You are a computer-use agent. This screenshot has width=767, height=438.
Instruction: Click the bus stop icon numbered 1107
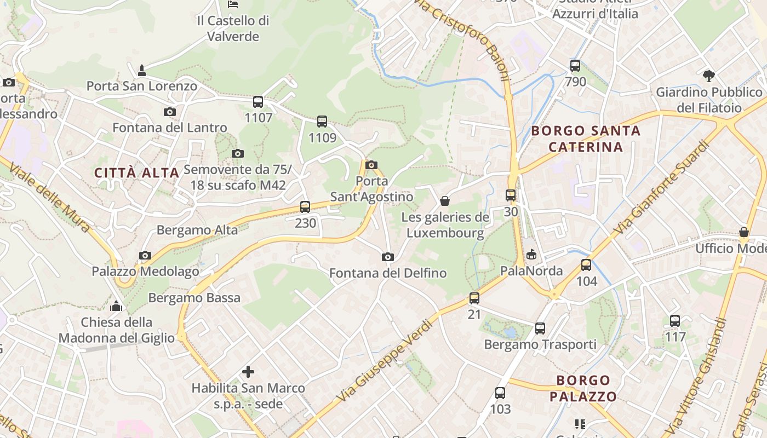pos(258,102)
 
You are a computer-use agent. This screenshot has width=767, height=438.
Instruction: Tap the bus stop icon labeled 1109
pos(322,122)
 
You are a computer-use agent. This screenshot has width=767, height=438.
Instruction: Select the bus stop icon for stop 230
pos(305,207)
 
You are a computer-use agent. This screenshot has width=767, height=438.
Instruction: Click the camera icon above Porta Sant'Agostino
pos(371,165)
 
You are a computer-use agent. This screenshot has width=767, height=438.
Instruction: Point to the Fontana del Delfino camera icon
pos(387,257)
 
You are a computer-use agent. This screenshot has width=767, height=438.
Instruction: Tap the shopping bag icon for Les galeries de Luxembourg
pos(445,201)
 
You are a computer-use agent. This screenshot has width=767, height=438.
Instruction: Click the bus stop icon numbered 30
pos(511,195)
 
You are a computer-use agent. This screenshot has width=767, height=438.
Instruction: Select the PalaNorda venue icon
pos(531,255)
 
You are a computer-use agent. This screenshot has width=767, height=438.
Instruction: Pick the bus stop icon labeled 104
pos(586,266)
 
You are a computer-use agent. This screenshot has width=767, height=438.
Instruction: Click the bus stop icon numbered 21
pos(474,298)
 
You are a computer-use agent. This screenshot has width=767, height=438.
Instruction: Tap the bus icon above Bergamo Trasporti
pos(540,328)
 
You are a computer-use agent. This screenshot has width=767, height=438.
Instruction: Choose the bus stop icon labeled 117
pos(675,321)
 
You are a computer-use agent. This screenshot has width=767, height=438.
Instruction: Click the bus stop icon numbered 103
pos(500,393)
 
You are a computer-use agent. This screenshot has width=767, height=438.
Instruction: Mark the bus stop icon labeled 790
pos(575,66)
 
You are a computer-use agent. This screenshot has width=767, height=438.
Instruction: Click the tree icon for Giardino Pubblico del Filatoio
pos(709,76)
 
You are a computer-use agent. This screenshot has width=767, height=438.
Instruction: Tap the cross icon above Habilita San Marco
pos(248,372)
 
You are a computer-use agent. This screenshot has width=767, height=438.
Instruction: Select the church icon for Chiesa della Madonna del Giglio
pos(116,306)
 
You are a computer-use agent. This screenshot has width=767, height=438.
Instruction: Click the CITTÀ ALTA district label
pos(137,173)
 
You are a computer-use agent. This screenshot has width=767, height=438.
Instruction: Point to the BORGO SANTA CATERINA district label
pos(586,139)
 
